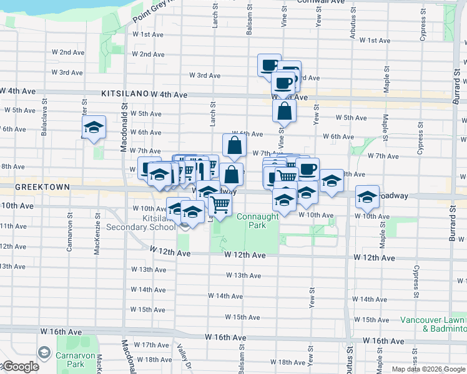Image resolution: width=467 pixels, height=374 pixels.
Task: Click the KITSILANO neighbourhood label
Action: pyautogui.click(x=124, y=94)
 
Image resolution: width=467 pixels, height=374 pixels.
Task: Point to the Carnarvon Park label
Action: pyautogui.click(x=75, y=360)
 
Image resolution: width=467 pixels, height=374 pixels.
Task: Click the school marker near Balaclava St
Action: pyautogui.click(x=94, y=128)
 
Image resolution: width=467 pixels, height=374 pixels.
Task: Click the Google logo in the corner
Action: pyautogui.click(x=20, y=367)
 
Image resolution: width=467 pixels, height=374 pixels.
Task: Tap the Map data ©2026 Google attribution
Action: pyautogui.click(x=428, y=369)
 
